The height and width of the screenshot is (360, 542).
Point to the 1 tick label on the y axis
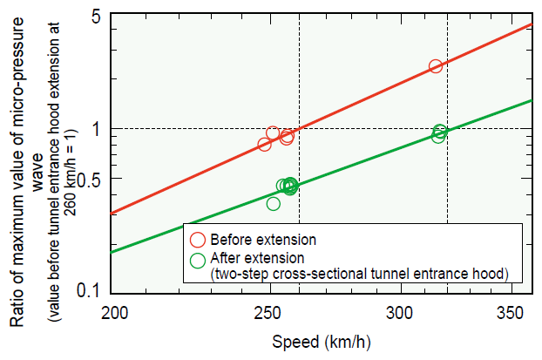(x=98, y=128)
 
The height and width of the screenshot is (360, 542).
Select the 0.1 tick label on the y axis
(x=91, y=290)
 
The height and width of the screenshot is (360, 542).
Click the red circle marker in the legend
(x=198, y=238)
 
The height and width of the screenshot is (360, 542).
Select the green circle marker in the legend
(x=198, y=258)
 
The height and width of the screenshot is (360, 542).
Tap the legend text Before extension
(x=264, y=238)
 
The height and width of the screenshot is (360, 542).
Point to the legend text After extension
(x=259, y=258)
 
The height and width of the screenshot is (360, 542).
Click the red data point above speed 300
(x=436, y=66)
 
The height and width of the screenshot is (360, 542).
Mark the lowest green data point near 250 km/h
(x=273, y=203)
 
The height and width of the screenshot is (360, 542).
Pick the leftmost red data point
(x=265, y=144)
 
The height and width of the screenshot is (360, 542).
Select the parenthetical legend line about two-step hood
(x=358, y=274)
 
